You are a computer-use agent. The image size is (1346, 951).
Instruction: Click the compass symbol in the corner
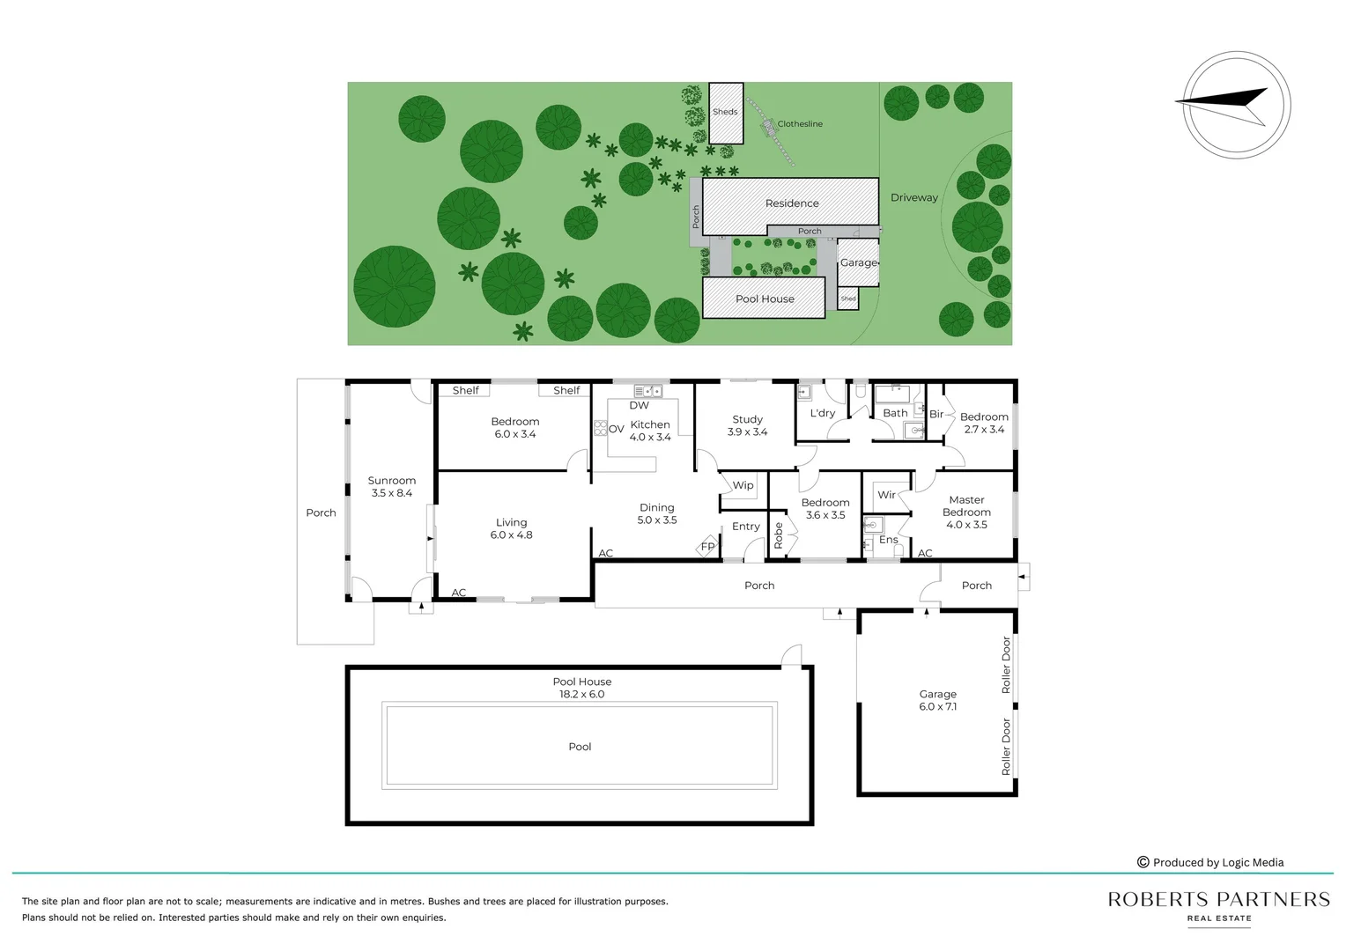point(1236,104)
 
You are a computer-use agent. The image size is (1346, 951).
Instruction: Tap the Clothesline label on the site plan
point(800,124)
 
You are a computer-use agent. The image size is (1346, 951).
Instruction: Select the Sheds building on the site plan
point(726,113)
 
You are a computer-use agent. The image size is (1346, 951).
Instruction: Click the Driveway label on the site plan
point(913,198)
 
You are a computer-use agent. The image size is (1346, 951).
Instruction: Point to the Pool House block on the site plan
point(764,299)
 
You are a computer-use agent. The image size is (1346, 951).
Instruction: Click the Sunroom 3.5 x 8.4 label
point(392,487)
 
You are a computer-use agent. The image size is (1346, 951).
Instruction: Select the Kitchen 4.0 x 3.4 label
point(650,431)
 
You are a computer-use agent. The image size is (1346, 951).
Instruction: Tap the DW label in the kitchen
point(639,406)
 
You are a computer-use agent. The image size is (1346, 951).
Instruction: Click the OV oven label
point(616,430)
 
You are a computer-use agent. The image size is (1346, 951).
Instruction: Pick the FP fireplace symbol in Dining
point(707,547)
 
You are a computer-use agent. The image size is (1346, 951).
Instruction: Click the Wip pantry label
point(743,485)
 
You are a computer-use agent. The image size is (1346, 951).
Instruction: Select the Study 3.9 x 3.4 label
point(747,426)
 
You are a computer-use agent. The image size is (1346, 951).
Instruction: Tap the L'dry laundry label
point(822,413)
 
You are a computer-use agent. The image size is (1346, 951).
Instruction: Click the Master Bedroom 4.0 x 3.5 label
point(966,512)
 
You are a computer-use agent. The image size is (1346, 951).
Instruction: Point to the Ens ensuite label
point(888,540)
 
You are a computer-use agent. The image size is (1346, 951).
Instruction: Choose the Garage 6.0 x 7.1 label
point(937,700)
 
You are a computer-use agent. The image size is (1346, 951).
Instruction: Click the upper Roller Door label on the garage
point(1006,665)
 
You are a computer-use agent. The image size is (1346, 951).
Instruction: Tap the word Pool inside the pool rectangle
point(580,747)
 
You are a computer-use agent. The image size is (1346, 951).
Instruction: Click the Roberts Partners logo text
point(1218,900)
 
